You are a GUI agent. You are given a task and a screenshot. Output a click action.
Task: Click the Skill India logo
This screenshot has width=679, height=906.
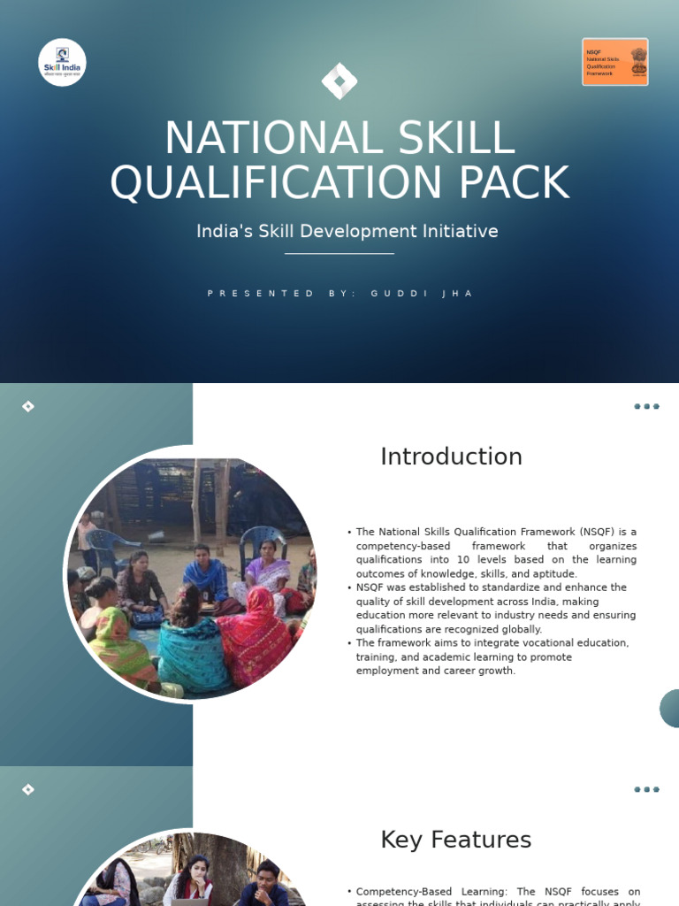62,62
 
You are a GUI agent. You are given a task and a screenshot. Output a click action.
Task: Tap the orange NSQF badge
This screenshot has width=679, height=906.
614,62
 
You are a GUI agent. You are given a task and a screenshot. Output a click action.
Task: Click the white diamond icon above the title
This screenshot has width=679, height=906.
339,81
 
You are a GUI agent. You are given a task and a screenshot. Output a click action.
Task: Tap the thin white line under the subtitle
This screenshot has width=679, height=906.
339,254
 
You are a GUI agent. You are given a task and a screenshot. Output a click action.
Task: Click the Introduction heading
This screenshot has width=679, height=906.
451,457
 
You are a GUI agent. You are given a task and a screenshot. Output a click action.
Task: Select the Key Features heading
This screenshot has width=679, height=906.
455,840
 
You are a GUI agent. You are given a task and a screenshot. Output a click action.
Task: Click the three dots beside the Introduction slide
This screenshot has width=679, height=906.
646,407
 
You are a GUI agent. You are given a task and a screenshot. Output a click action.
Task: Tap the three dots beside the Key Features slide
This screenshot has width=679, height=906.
646,789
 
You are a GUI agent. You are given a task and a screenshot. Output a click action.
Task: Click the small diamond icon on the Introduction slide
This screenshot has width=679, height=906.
28,406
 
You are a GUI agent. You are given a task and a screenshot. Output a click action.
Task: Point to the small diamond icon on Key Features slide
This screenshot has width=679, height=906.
28,789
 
